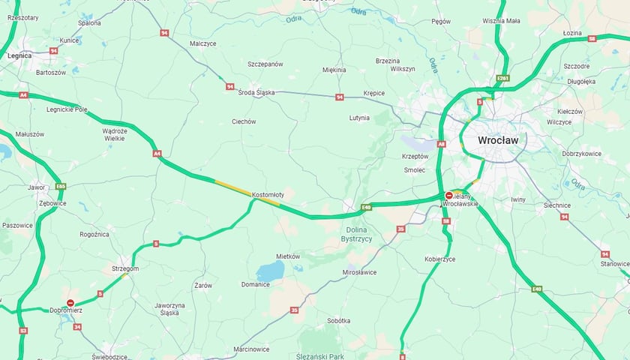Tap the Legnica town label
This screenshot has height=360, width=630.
click(19, 55)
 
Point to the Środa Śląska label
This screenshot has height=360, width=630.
click(256, 92)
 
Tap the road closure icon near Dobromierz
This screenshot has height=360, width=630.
click(70, 303)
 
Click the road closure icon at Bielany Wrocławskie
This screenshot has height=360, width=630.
click(448, 195)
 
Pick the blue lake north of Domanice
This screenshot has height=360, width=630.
click(270, 270)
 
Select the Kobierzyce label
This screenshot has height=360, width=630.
click(440, 259)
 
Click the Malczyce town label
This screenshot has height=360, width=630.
click(202, 43)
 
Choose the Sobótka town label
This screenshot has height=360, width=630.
click(338, 320)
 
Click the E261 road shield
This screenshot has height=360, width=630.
click(503, 78)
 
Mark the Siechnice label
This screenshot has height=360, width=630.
click(557, 204)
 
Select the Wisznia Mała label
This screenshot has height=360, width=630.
click(502, 21)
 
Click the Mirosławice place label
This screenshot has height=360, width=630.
click(358, 272)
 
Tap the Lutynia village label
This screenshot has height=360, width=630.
click(359, 118)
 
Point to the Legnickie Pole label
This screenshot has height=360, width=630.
click(67, 109)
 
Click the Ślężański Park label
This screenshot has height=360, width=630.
click(341, 356)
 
